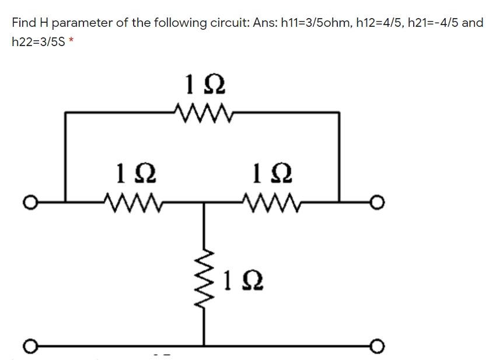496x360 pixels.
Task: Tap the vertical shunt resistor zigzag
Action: point(204,272)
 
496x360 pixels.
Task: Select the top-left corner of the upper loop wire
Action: point(65,112)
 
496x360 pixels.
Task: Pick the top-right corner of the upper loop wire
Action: point(339,112)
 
